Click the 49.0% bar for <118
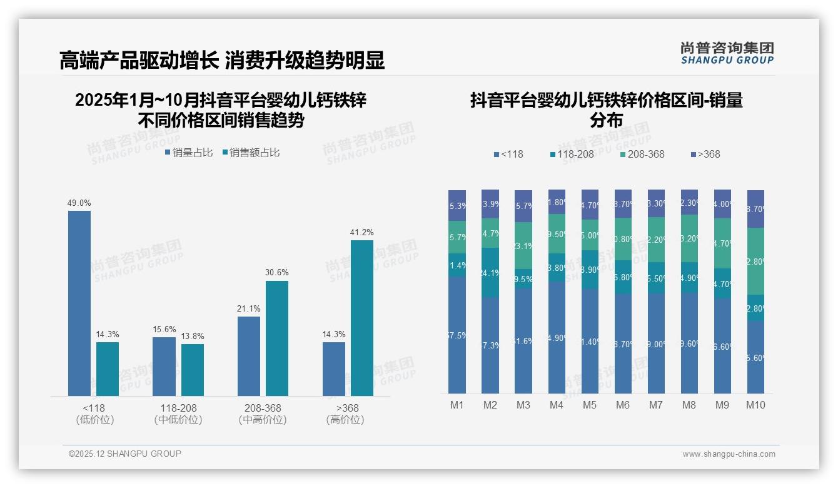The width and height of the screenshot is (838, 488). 79,303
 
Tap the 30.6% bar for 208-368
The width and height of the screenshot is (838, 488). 277,338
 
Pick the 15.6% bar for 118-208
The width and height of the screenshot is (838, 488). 164,366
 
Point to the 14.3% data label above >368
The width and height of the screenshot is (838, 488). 334,334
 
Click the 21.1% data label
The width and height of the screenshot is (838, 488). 249,308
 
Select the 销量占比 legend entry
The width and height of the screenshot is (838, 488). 189,153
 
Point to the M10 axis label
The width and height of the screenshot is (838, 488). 755,405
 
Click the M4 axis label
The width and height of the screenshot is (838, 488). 557,405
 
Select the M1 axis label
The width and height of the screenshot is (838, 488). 457,405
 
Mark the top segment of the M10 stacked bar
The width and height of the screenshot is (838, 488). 755,209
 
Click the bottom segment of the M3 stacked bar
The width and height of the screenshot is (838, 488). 523,340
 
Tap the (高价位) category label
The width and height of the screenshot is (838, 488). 345,420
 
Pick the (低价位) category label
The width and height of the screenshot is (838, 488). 95,420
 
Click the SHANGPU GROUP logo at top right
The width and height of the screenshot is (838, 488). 727,53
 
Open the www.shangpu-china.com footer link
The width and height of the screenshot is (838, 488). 729,454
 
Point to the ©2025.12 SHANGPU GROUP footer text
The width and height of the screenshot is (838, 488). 125,454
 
